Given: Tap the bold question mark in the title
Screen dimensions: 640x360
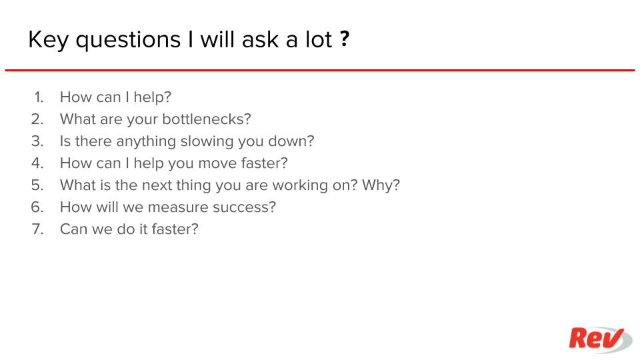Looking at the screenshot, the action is (345, 39).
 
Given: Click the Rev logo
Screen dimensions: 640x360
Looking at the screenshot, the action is (601, 339).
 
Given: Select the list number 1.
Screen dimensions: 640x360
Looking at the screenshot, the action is (39, 97).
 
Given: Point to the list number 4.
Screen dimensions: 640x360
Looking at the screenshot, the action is (37, 163).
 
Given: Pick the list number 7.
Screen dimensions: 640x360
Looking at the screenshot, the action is (37, 229).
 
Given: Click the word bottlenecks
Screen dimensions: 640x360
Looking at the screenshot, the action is (206, 119).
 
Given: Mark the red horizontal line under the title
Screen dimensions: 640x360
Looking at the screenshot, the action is (319, 70).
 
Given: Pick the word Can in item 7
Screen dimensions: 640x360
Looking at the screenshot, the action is (73, 229).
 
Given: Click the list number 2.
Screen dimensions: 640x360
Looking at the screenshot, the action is (37, 119).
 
